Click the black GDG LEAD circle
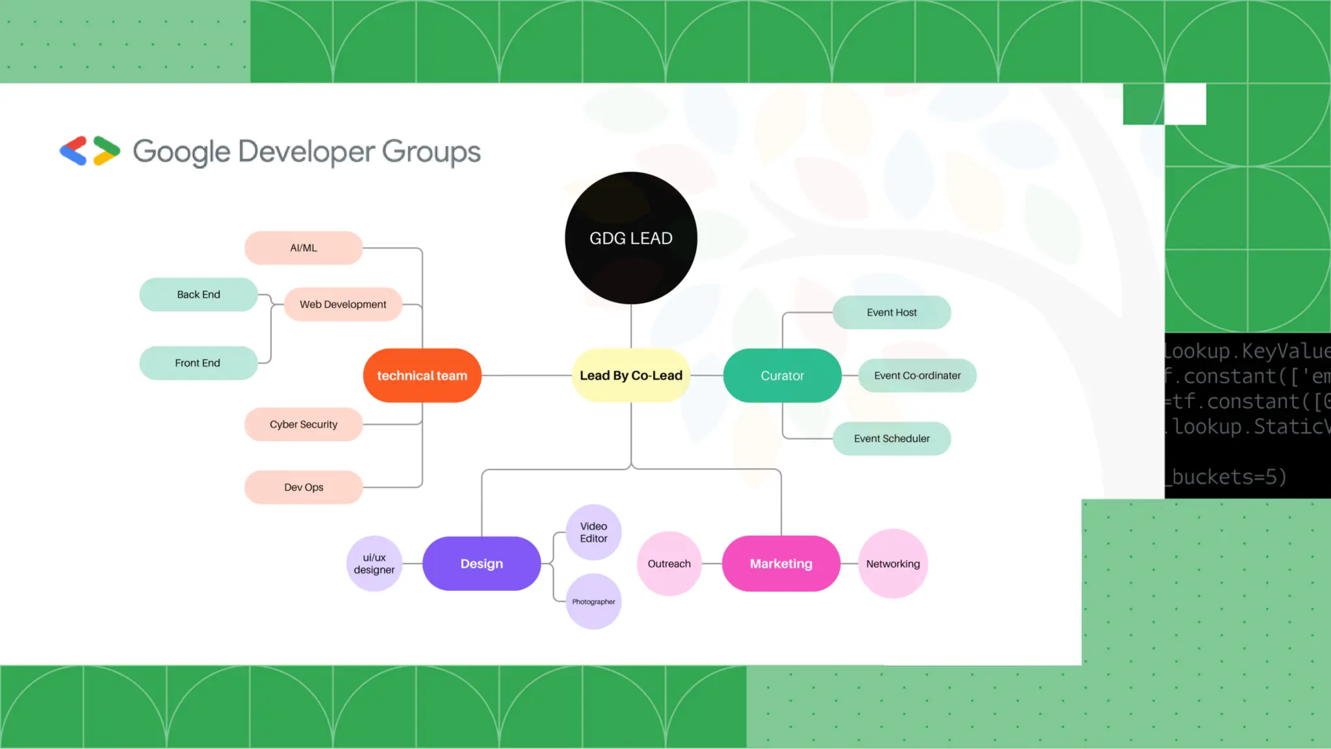point(630,238)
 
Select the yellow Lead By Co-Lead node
point(630,375)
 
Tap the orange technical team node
point(422,375)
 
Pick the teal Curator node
point(782,375)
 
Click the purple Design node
point(482,563)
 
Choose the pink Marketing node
point(781,563)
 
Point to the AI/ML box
point(304,248)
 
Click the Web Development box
point(342,304)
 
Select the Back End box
point(198,294)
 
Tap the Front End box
point(198,363)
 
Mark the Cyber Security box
point(304,424)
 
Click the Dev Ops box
point(304,487)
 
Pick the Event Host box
point(892,312)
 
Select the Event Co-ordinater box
point(917,375)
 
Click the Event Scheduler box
point(892,438)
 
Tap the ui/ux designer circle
point(374,563)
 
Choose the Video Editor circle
point(593,532)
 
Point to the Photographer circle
point(593,601)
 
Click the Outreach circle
point(669,563)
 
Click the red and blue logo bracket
point(73,151)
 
